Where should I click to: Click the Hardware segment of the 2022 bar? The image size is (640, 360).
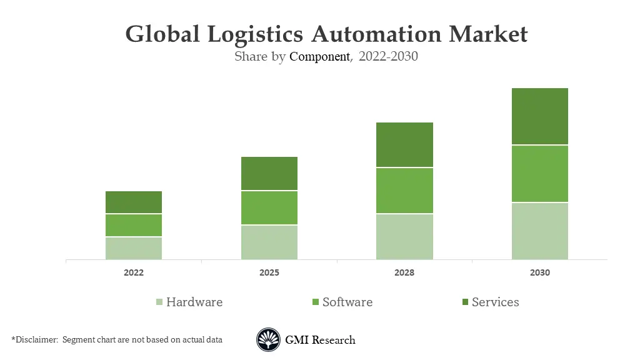[x=134, y=248]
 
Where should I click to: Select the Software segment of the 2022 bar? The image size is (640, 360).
[x=134, y=225]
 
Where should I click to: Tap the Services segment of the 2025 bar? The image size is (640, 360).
[x=269, y=173]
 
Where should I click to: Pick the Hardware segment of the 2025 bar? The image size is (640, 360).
[x=269, y=242]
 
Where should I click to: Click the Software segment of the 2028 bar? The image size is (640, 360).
[x=404, y=191]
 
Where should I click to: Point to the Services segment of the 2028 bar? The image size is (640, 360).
[x=404, y=144]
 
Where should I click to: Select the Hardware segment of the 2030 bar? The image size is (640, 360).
[x=540, y=231]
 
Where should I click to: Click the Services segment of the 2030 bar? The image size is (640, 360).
[x=540, y=116]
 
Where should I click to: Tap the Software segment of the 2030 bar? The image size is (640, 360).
[x=540, y=174]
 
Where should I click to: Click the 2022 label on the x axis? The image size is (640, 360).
[x=134, y=273]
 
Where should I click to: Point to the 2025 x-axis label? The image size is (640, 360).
[x=269, y=273]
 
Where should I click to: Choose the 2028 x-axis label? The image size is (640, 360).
[x=404, y=273]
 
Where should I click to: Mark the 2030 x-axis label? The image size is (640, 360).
[x=540, y=273]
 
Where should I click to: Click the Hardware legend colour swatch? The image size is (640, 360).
[x=159, y=302]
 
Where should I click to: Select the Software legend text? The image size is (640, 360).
[x=347, y=302]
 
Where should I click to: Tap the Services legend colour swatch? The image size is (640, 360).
[x=464, y=302]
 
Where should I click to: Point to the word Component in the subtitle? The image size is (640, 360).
[x=319, y=56]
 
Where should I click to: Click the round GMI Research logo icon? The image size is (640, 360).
[x=268, y=340]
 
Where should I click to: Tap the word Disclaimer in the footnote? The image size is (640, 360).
[x=35, y=339]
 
